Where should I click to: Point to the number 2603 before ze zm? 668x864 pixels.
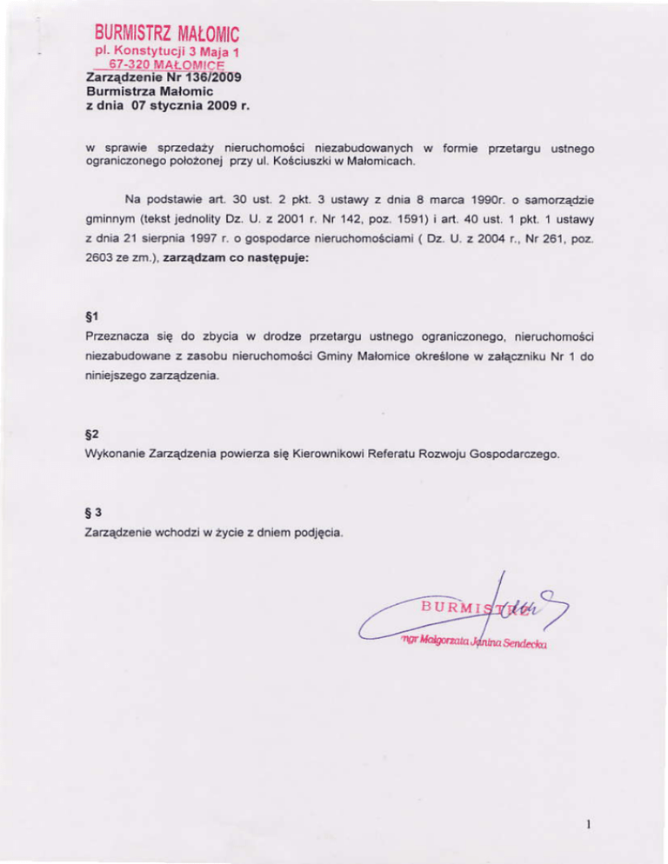point(105,270)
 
